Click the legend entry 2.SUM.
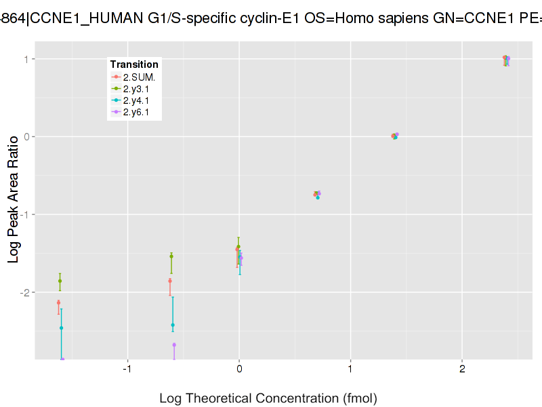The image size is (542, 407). point(140,77)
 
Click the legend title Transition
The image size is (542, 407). point(134,64)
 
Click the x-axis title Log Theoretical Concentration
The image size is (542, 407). point(268,398)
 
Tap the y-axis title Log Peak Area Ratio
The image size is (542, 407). point(13,198)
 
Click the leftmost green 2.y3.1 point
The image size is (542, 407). point(60,281)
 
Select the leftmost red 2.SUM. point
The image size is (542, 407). point(58,303)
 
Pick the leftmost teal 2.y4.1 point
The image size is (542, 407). point(61,328)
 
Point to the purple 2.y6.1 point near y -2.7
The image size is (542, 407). point(174,345)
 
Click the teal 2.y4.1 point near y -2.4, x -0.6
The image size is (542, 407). point(173,325)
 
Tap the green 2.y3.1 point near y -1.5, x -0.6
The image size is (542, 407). point(171,256)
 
